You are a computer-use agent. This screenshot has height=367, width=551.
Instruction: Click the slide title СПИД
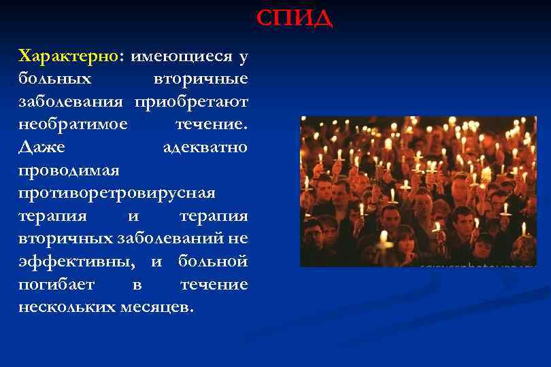pyautogui.click(x=294, y=18)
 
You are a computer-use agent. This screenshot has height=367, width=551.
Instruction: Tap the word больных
pyautogui.click(x=55, y=78)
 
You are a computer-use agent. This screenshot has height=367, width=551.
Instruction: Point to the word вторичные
pyautogui.click(x=201, y=78)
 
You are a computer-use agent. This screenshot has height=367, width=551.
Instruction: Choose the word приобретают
pyautogui.click(x=191, y=101)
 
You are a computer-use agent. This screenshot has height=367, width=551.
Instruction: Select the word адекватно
pyautogui.click(x=205, y=147)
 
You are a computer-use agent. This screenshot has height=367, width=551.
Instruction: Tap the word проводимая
pyautogui.click(x=69, y=170)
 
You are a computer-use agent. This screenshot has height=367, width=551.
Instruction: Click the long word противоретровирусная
pyautogui.click(x=116, y=193)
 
